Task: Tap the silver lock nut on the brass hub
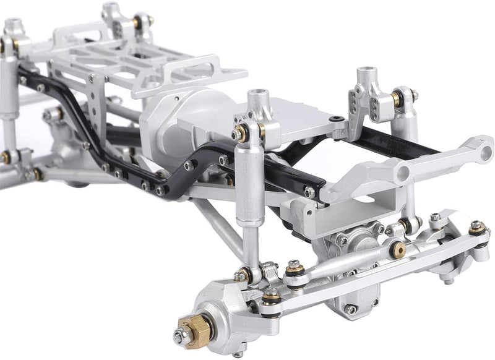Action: [x=181, y=336]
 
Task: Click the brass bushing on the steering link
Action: [x=399, y=249]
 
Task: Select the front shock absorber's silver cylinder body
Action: [x=250, y=186]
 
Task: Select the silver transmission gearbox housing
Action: [x=179, y=118]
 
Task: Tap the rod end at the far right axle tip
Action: [x=477, y=229]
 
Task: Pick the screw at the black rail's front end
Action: [x=309, y=192]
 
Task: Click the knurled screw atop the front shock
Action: [x=237, y=134]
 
